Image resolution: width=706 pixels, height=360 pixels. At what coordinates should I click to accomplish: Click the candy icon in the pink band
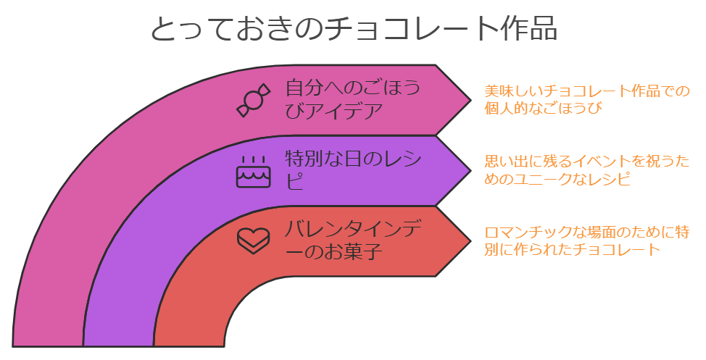click(252, 101)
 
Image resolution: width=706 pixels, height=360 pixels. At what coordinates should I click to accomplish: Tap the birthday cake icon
click(253, 171)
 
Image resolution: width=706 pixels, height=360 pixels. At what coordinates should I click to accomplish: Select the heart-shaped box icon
click(253, 240)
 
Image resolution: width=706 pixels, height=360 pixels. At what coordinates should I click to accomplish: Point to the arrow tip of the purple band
click(468, 170)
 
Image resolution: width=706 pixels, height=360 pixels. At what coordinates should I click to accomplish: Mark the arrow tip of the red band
click(468, 240)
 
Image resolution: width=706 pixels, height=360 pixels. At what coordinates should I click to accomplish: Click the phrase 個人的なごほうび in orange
click(544, 109)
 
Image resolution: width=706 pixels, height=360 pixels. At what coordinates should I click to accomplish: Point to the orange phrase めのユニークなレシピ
click(557, 179)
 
